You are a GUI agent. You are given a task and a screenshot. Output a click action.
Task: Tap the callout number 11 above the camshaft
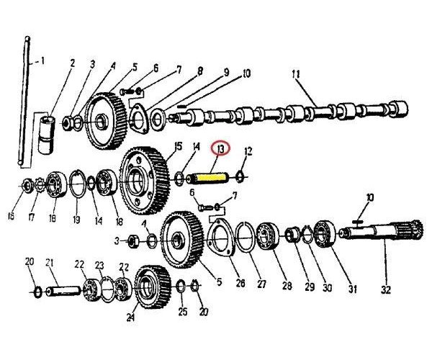pyautogui.click(x=294, y=74)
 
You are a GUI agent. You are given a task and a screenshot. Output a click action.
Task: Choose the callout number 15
pyautogui.click(x=178, y=148)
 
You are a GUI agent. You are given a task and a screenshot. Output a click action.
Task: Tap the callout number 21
pyautogui.click(x=50, y=262)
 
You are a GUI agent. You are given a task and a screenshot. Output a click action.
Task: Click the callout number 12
pyautogui.click(x=248, y=151)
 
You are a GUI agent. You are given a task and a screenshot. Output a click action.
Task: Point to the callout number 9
pyautogui.click(x=225, y=73)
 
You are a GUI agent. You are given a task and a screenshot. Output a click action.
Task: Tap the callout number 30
pyautogui.click(x=328, y=287)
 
